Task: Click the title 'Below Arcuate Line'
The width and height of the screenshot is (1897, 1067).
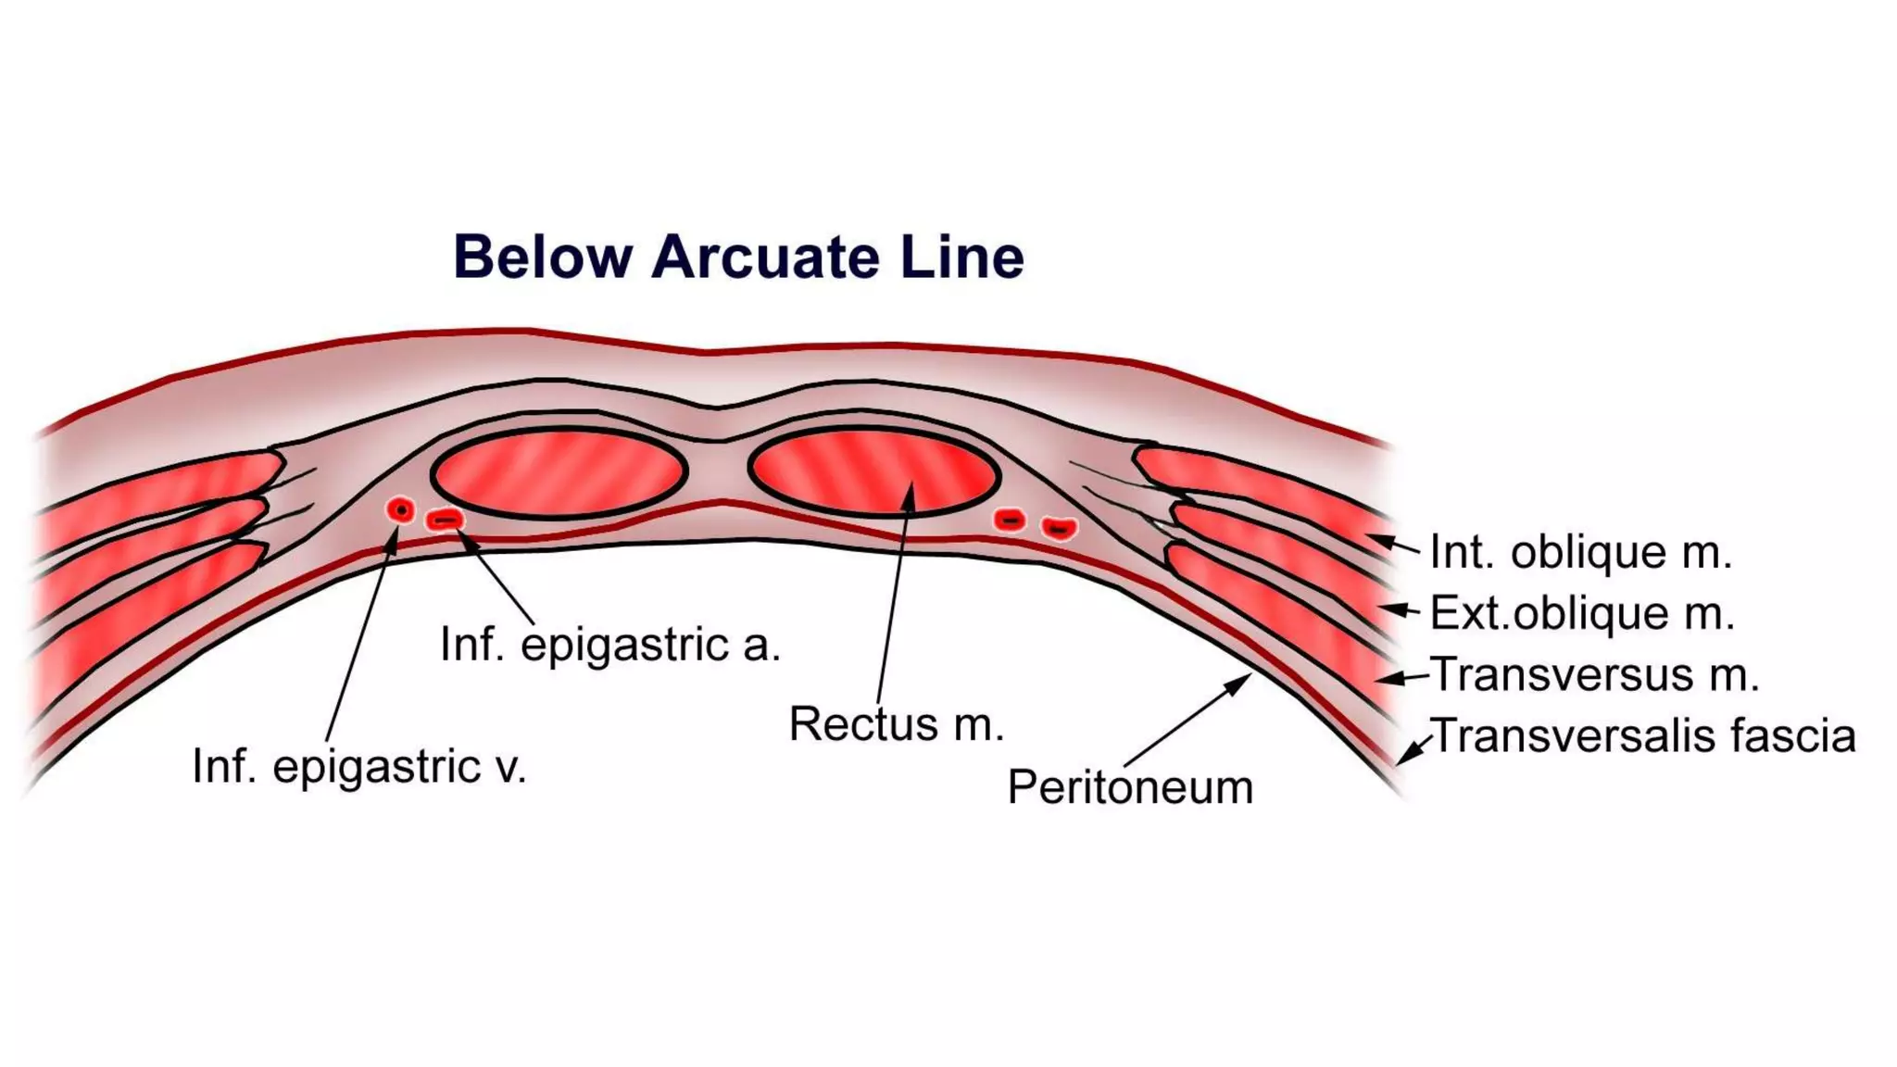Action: click(x=738, y=257)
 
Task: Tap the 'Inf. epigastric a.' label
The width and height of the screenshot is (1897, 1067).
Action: click(x=610, y=645)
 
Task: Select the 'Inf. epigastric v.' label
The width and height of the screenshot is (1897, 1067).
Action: click(x=359, y=767)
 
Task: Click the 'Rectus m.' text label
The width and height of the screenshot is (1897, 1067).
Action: click(x=896, y=723)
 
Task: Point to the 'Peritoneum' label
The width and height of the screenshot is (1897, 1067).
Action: click(x=1130, y=787)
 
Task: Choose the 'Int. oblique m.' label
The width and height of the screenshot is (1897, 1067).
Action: click(x=1580, y=552)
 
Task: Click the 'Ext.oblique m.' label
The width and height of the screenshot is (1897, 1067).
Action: click(x=1582, y=613)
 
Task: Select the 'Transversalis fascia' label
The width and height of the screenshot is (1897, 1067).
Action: click(x=1643, y=736)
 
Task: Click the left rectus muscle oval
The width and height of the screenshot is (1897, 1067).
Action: click(x=559, y=473)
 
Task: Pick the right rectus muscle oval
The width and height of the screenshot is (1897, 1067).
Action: click(x=873, y=471)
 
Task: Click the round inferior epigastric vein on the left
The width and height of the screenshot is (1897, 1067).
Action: click(x=400, y=509)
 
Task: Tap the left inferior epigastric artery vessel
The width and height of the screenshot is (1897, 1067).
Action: click(x=445, y=521)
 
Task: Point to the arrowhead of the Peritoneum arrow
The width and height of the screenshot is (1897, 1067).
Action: click(x=1242, y=681)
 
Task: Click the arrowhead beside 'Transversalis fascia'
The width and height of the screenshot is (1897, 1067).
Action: click(x=1404, y=757)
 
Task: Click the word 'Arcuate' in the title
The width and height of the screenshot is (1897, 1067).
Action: click(x=766, y=257)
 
